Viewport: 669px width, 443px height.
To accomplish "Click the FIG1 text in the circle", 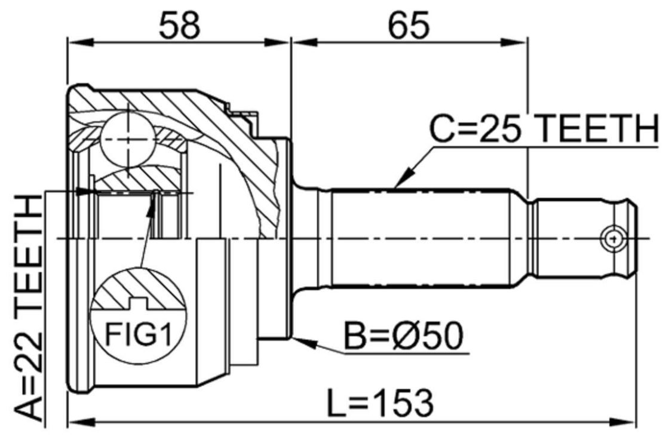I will click(x=138, y=334).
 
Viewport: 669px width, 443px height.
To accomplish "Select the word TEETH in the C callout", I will click(x=596, y=128).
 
